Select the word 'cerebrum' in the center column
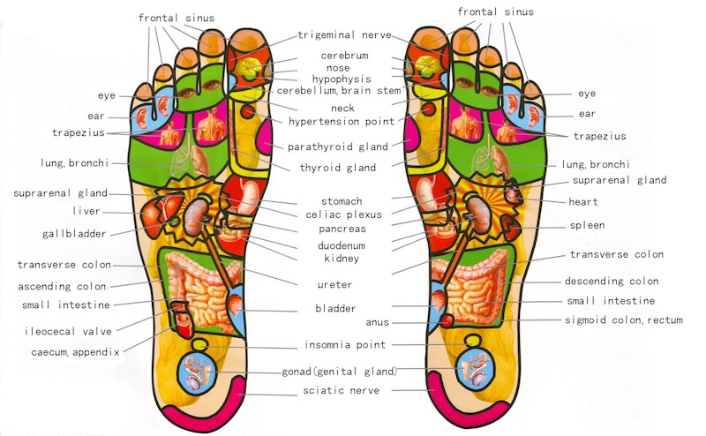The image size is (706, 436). pos(344,56)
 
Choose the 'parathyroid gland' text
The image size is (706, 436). pos(338,146)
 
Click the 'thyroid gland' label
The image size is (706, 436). pos(339,168)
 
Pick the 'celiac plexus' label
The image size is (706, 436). pos(342,214)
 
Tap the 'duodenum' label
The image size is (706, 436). pos(342,245)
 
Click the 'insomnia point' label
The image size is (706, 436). pos(345,344)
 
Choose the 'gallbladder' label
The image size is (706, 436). pos(74,234)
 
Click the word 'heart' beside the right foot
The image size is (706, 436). pos(584,202)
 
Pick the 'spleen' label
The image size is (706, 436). pos(587,225)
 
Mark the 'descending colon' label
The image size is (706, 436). pos(612,282)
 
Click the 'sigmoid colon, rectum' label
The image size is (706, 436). pos(624,320)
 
